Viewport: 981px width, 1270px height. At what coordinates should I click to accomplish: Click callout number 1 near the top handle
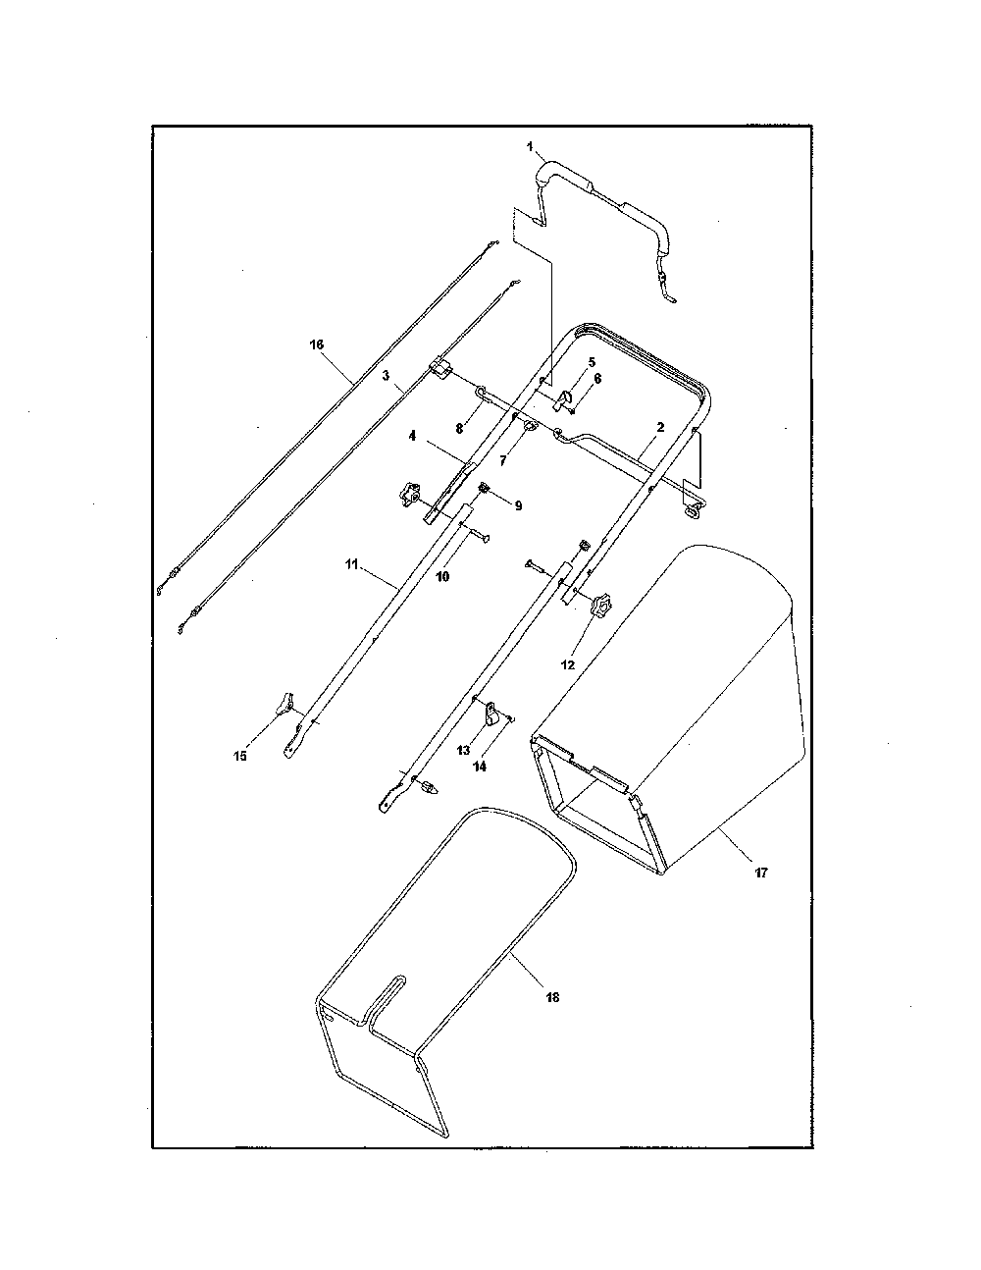click(x=530, y=146)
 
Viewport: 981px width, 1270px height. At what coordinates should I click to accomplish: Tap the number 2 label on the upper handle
click(x=660, y=427)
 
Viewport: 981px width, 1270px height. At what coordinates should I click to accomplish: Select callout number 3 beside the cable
click(x=386, y=376)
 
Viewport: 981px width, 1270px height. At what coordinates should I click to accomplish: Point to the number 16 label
click(x=316, y=344)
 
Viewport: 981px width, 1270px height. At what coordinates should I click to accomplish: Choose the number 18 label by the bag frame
click(x=551, y=997)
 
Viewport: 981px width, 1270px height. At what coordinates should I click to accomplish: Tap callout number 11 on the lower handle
click(x=351, y=564)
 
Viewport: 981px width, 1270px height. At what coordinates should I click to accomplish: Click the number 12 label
click(x=568, y=664)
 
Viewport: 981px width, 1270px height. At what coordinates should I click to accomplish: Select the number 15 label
click(x=240, y=756)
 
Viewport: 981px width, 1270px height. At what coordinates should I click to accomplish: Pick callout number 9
click(x=518, y=505)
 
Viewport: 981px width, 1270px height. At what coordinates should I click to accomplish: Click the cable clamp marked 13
click(x=490, y=712)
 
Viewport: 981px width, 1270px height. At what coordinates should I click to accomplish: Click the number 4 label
click(x=412, y=436)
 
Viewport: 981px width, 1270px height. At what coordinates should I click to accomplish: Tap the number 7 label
click(x=502, y=461)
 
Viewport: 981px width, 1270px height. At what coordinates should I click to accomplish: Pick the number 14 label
click(x=480, y=767)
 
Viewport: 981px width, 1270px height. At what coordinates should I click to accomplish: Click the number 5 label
click(x=592, y=362)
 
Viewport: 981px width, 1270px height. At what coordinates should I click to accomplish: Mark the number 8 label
click(x=459, y=429)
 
